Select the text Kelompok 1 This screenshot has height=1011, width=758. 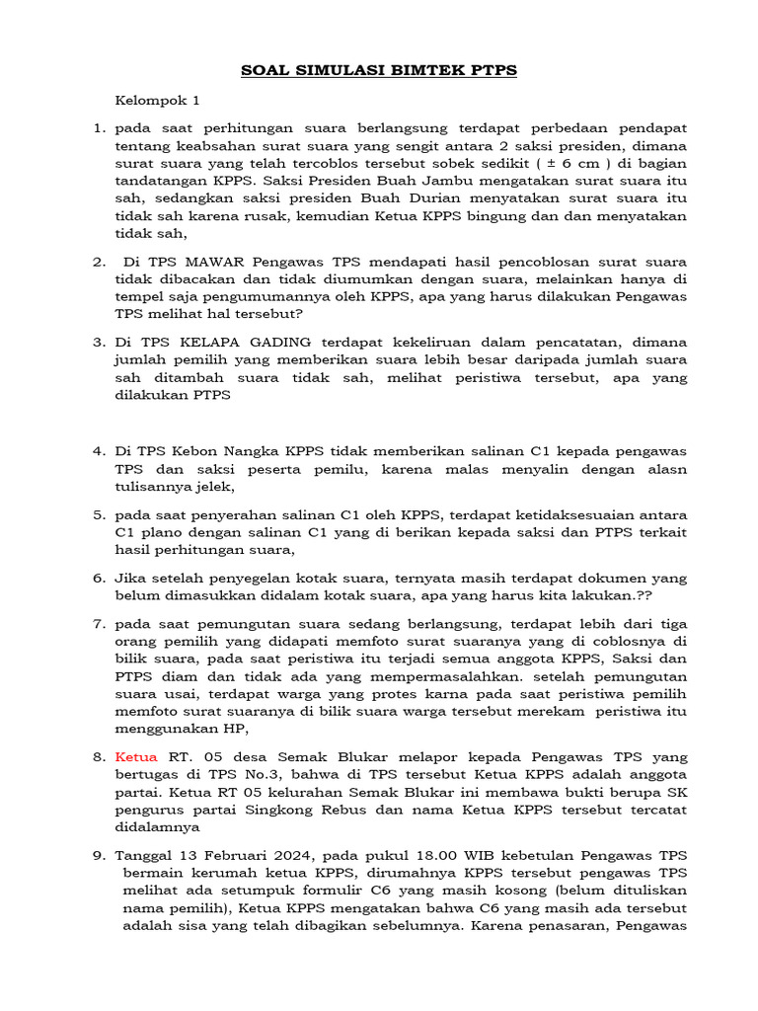tap(158, 100)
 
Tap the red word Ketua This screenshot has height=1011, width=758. tap(136, 756)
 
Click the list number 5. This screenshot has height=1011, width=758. tap(100, 514)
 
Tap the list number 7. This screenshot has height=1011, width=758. tap(100, 623)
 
